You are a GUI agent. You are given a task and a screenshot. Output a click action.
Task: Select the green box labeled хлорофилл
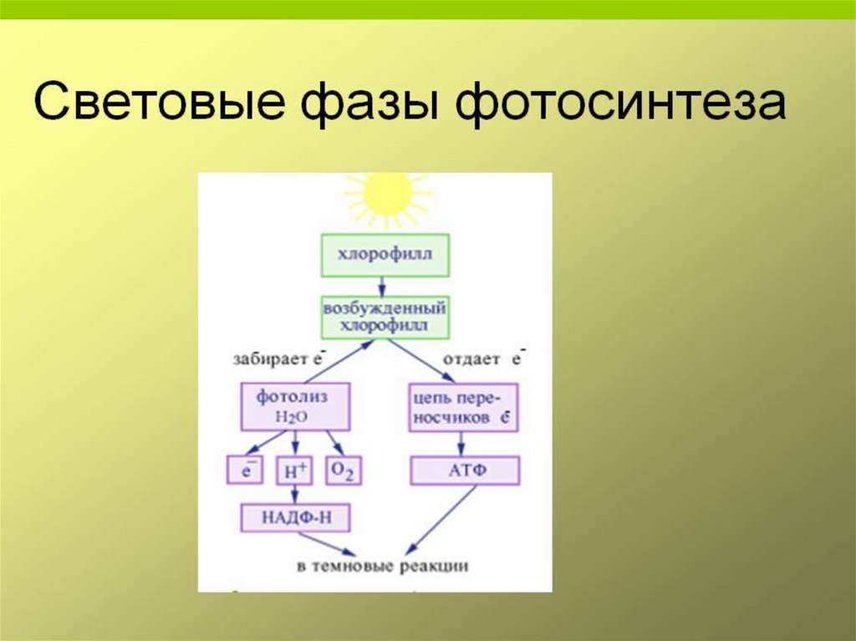pos(385,255)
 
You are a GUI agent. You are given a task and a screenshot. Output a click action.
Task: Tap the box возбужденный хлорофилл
pos(385,316)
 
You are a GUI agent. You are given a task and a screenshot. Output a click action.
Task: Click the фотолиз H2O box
pos(294,405)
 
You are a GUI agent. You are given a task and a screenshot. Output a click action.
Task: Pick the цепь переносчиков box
pos(463,407)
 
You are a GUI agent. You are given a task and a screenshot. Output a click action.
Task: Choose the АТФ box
pos(465,471)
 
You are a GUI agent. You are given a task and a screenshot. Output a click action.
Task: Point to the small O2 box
pos(343,471)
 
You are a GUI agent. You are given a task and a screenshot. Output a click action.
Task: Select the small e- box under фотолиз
pos(246,471)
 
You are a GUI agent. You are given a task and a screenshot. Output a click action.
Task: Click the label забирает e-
pos(278,360)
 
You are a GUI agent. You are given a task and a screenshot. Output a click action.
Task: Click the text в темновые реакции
pos(383,567)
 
